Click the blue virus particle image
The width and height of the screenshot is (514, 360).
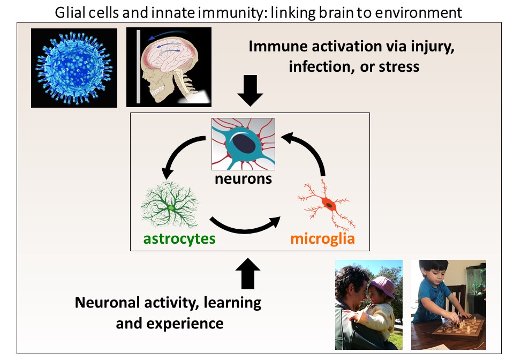(74, 68)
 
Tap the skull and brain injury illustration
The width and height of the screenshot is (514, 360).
(169, 67)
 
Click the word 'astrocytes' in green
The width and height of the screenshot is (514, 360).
(179, 239)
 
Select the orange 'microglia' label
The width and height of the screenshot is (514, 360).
(322, 238)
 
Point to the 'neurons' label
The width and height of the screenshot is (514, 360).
(243, 179)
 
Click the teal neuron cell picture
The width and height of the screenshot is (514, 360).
(243, 144)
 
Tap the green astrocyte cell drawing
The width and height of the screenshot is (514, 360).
(170, 205)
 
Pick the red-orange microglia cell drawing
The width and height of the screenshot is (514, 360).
(327, 205)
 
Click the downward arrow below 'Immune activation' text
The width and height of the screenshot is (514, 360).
(251, 91)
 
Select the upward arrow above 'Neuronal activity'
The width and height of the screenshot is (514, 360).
(248, 273)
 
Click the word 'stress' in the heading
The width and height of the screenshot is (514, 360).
(399, 67)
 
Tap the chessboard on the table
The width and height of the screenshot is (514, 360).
(458, 328)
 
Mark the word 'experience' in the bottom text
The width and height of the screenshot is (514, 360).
(185, 324)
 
